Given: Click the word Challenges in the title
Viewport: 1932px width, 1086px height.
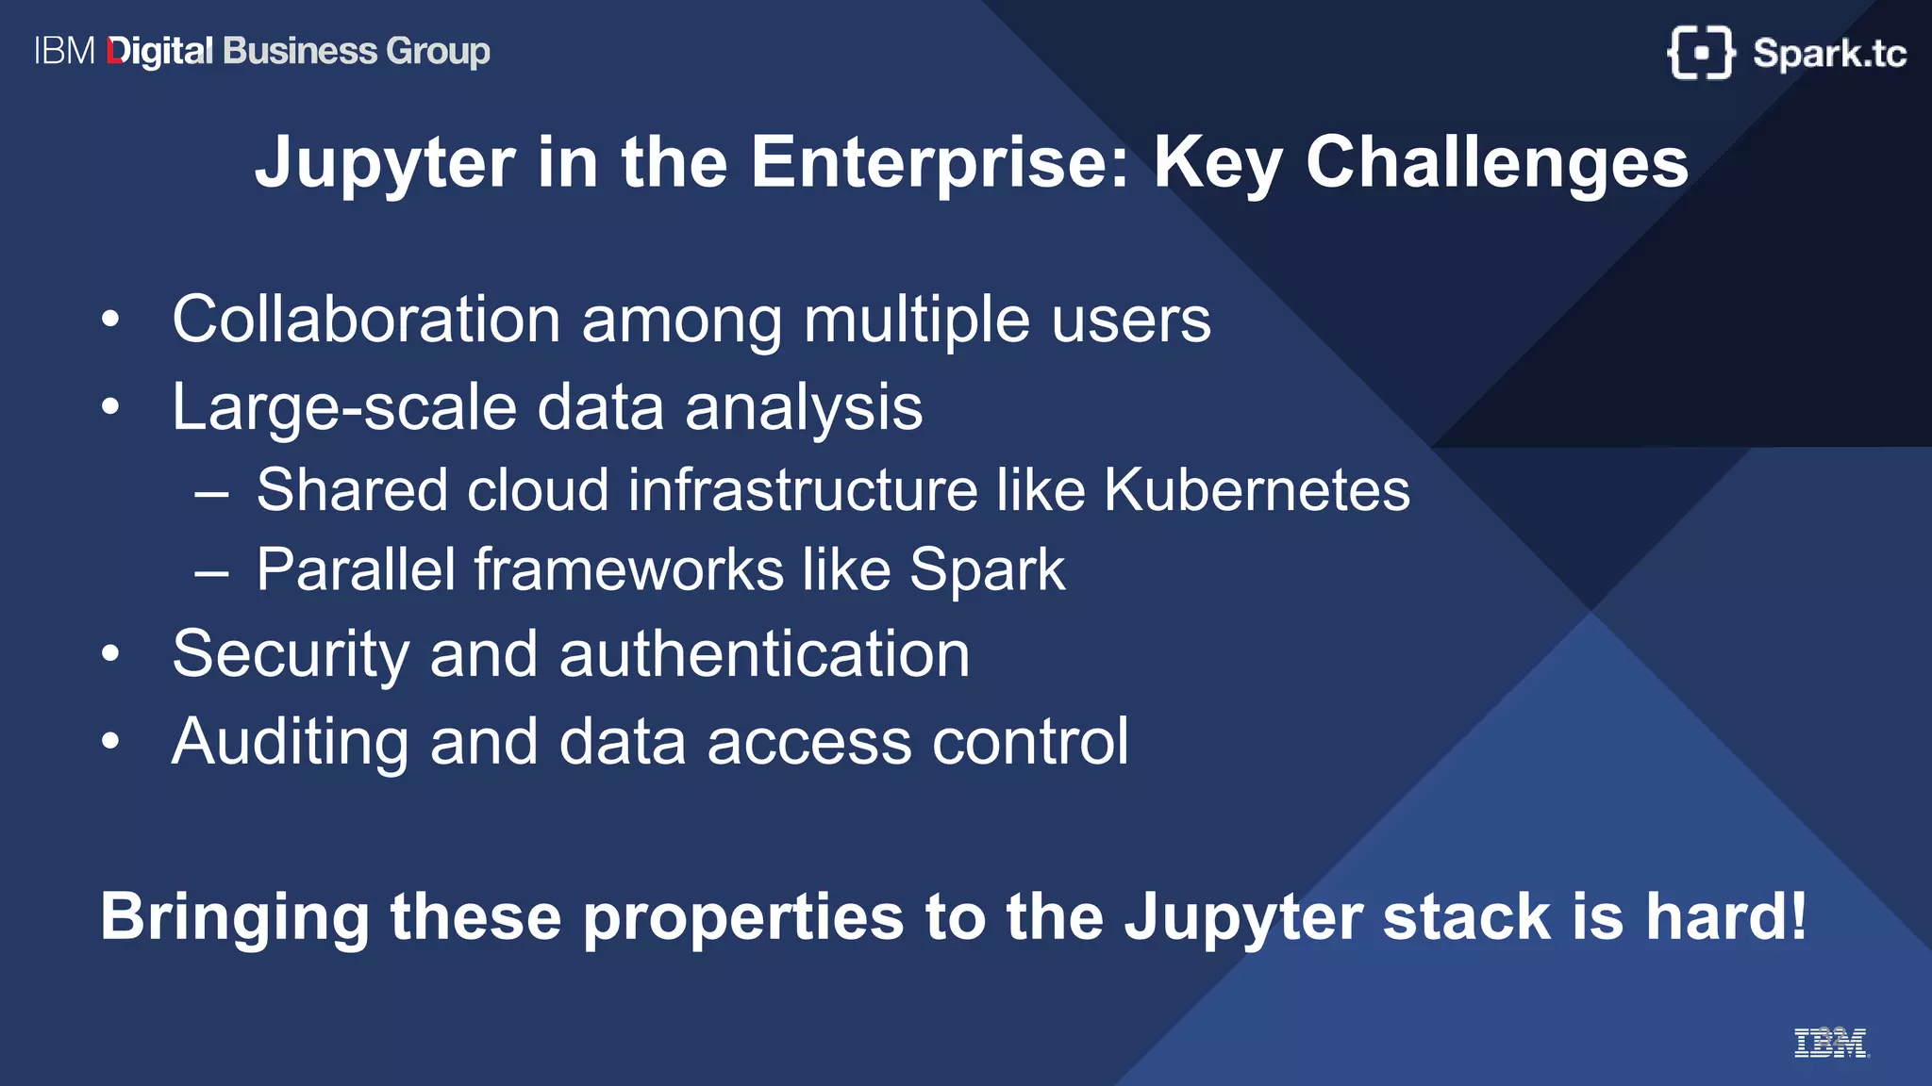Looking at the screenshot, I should point(1496,163).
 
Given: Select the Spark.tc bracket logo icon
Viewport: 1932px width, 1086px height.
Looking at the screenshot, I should point(1700,53).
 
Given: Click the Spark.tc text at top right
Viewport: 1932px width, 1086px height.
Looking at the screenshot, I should point(1829,54).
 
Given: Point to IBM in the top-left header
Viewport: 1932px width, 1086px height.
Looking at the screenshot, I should point(64,51).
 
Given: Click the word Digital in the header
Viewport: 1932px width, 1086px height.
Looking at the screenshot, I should point(160,52).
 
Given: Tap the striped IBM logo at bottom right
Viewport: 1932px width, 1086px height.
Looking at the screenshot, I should point(1830,1043).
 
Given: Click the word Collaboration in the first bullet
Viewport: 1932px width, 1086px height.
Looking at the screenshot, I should point(366,320).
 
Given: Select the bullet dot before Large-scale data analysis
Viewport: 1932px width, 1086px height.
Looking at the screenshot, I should point(111,407).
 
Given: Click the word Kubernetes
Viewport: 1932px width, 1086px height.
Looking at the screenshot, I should point(1257,490).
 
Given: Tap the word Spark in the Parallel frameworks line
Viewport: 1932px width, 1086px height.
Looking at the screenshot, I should point(987,570).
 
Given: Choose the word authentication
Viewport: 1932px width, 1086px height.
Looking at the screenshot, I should point(764,654).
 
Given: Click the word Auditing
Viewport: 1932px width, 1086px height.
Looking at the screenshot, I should point(290,742).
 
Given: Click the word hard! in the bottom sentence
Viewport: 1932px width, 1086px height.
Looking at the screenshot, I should point(1726,916).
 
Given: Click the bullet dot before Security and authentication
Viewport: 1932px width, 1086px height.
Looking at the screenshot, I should point(111,653).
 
